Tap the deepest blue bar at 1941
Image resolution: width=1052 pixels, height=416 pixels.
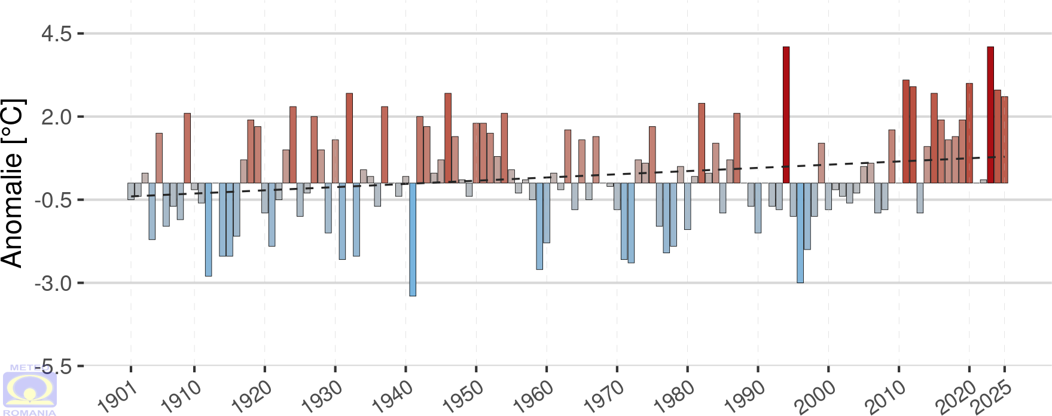coord(413,239)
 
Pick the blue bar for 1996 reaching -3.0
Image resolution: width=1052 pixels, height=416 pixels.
coord(800,233)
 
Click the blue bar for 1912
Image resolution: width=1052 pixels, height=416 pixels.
coord(208,229)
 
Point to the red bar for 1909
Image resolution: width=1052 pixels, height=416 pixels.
coord(187,148)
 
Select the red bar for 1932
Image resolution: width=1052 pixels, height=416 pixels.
coord(349,138)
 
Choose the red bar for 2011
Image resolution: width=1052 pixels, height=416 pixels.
coord(906,132)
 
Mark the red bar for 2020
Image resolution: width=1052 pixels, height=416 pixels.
coord(969,133)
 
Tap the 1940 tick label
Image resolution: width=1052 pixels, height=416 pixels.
coord(392,396)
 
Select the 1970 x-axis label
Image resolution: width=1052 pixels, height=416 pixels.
coord(603,396)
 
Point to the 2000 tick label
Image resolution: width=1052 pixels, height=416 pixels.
coord(815,396)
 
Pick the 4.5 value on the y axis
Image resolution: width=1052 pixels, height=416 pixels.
coord(56,34)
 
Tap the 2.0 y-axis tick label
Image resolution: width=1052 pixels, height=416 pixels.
coord(56,117)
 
